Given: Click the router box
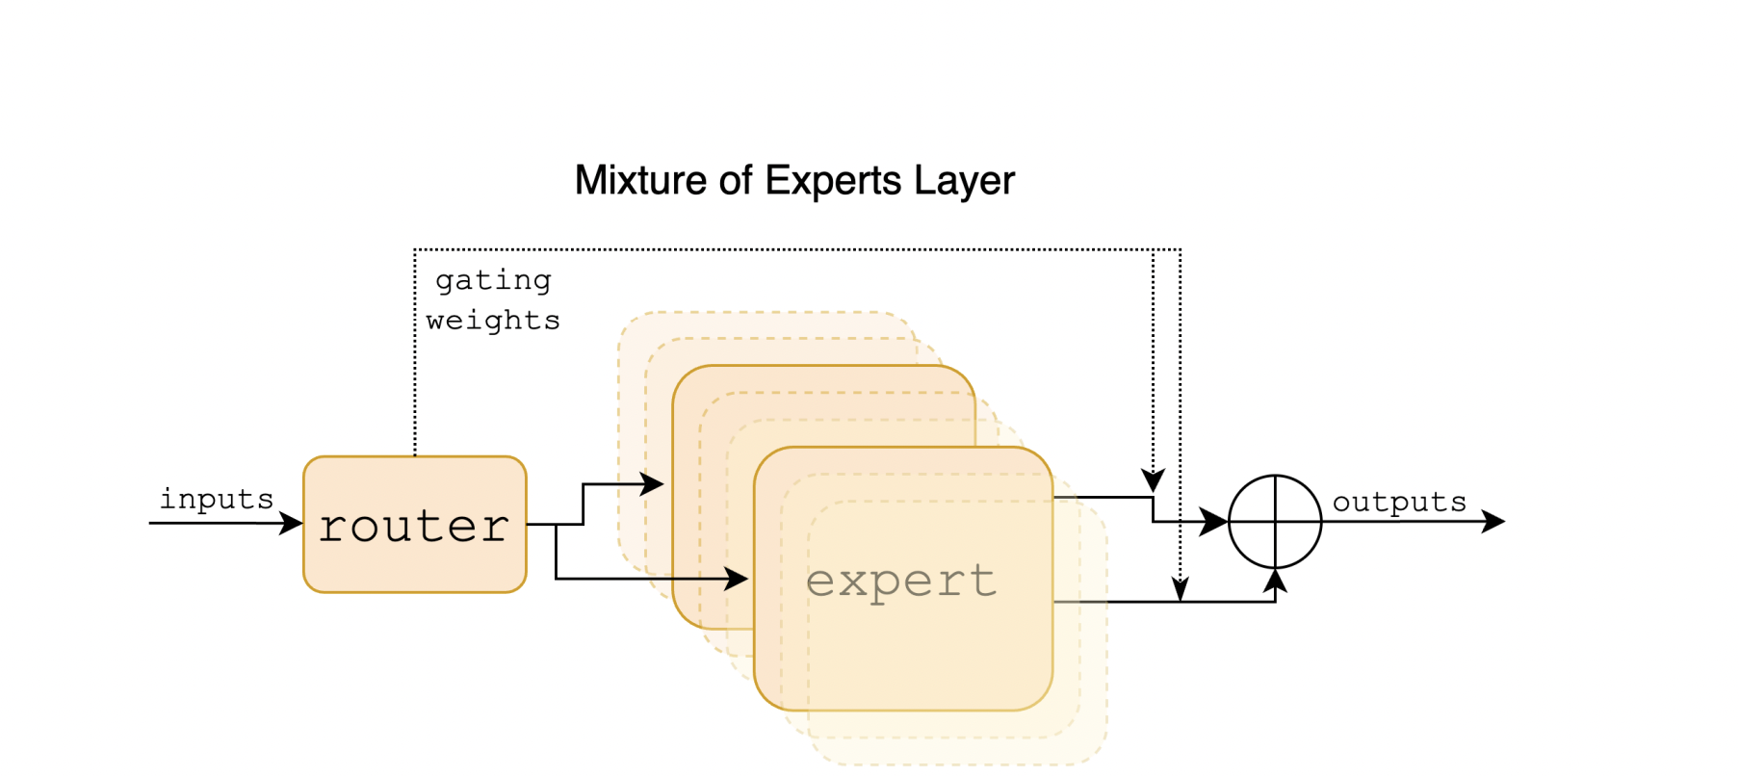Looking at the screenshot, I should [415, 525].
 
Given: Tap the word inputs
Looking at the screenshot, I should [217, 499].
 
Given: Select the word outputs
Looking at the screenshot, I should [1399, 502].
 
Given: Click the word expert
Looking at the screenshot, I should [901, 581].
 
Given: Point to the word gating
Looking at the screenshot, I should [493, 280].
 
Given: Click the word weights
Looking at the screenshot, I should [493, 320].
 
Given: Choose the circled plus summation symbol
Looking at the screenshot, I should [1275, 522].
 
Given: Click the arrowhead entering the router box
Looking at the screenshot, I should [292, 524].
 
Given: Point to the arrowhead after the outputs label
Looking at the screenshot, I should [1493, 522].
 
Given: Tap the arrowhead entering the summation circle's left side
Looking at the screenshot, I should [1215, 522].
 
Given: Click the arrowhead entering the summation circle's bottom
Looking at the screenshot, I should [1275, 581].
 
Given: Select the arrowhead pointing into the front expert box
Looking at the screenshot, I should [738, 579].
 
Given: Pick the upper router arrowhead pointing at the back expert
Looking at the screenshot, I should [654, 484].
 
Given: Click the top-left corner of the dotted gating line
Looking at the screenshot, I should [415, 250].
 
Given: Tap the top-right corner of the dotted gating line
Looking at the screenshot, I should [1181, 250].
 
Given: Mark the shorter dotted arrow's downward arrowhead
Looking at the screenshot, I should [1153, 480].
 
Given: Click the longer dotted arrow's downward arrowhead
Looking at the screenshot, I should [1181, 589].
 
